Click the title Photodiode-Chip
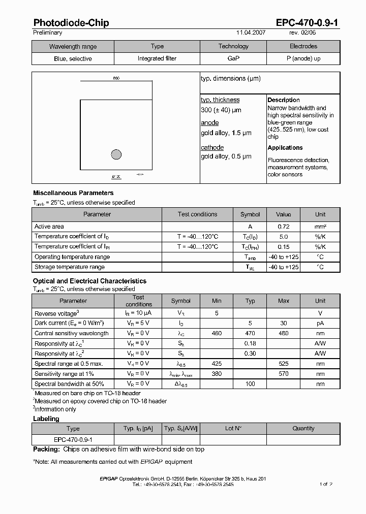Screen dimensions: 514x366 click(71, 23)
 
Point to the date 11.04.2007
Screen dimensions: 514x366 click(251, 33)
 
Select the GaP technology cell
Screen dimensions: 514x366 click(233, 58)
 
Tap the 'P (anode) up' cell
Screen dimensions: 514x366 click(303, 58)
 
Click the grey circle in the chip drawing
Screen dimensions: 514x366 click(116, 154)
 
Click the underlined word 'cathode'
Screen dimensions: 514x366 click(212, 148)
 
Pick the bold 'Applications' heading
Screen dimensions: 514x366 click(285, 148)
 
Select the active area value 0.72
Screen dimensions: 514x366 click(283, 227)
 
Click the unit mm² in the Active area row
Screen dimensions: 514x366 click(320, 227)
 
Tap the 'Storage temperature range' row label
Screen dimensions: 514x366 click(69, 267)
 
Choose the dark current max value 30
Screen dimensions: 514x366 click(284, 324)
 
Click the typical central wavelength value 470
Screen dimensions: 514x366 click(250, 334)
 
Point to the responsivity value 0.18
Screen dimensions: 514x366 click(250, 343)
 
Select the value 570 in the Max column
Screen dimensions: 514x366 click(284, 374)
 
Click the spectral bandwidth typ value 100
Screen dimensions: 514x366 click(250, 384)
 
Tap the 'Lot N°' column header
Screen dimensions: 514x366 click(233, 429)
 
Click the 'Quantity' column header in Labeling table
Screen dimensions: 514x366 click(303, 429)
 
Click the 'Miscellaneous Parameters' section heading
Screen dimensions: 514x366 click(73, 193)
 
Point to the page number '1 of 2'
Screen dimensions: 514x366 click(326, 485)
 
